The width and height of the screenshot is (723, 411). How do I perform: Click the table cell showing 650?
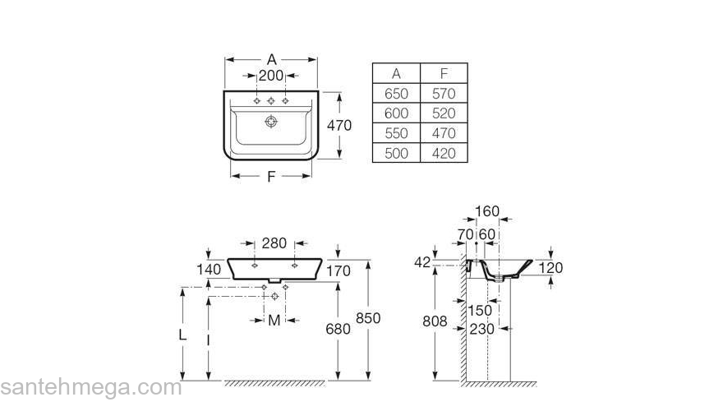coord(396,94)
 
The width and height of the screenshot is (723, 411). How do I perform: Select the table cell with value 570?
coord(444,94)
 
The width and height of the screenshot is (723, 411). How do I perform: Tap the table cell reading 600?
coord(396,113)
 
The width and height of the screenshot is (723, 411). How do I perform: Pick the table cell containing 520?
coord(444,113)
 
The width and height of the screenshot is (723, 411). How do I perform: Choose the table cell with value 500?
coord(396,153)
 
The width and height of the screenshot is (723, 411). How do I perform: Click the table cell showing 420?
coord(444,153)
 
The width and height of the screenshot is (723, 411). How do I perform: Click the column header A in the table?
coord(396,74)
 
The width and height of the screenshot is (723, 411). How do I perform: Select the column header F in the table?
coord(444,74)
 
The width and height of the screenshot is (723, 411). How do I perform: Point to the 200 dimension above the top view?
coord(271,76)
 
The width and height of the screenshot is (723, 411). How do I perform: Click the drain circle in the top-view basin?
coord(270,122)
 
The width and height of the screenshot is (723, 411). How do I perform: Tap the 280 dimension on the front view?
coord(274,243)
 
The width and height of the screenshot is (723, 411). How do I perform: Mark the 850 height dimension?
coord(367,318)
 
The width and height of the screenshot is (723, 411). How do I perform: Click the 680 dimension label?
coord(338,329)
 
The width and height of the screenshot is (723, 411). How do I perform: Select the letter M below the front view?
coord(274,320)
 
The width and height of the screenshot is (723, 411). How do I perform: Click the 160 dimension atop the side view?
coord(487,212)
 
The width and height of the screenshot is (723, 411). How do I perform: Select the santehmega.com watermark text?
coord(90,387)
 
